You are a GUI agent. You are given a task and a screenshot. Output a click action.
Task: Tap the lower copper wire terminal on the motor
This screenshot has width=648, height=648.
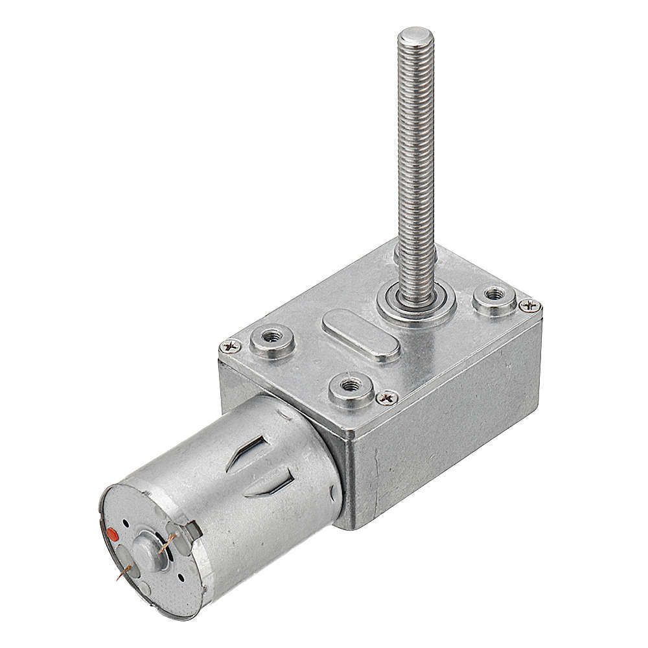click(125, 571)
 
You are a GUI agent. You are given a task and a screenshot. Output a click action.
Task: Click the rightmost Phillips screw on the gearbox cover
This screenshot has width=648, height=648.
click(530, 305)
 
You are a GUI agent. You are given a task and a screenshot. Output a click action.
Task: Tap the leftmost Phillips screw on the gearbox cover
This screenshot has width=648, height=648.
click(230, 347)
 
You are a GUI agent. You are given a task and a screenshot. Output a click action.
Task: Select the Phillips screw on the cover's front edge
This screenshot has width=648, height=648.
click(388, 397)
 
